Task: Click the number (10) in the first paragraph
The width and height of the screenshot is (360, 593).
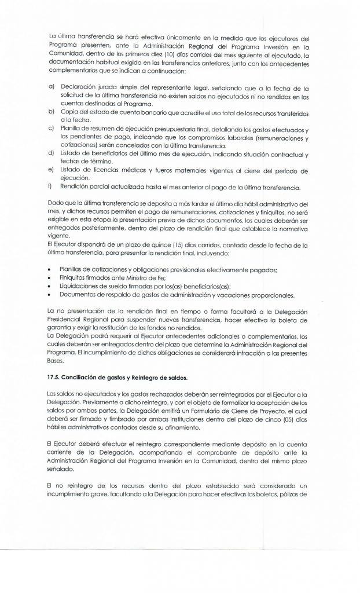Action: (x=158, y=55)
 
